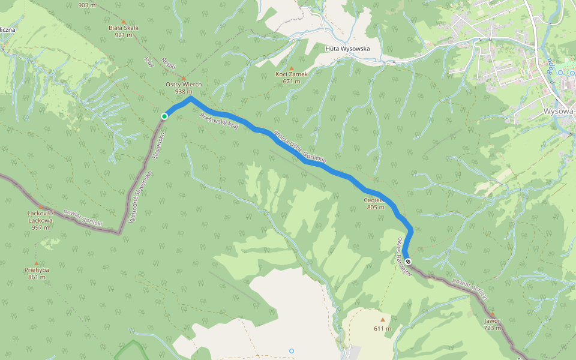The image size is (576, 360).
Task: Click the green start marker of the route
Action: pos(164,116)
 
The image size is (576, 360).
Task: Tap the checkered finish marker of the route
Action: pos(408,262)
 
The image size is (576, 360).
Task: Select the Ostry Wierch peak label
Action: pos(184,88)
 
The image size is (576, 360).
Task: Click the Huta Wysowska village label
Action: pos(347,49)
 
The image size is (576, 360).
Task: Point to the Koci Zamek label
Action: pos(292,77)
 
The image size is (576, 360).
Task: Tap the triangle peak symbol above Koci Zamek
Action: pos(292,68)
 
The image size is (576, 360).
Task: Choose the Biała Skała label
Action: pos(124,31)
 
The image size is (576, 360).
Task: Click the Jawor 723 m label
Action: pos(492,324)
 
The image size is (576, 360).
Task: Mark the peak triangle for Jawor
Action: pos(493,314)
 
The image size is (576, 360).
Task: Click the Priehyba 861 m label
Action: pos(36,274)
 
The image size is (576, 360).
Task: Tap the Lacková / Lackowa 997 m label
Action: pos(41,220)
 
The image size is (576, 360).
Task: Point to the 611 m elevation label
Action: pos(382,328)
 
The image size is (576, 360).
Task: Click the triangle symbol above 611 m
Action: pos(382,320)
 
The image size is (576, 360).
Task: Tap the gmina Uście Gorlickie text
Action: pos(300,146)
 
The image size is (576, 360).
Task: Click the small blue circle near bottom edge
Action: pos(292,350)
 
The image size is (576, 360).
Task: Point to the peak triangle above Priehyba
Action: pos(36,263)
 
